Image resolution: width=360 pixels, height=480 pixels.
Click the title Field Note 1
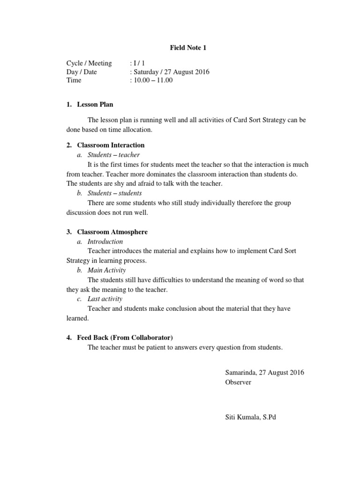pos(186,47)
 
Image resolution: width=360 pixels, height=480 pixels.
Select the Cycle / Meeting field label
pos(89,63)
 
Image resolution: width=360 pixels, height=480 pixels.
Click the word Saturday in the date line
pos(146,72)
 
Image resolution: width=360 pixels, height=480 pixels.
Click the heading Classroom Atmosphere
pos(112,232)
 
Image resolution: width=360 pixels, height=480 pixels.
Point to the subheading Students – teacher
pos(113,155)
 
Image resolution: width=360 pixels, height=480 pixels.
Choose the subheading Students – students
pos(114,193)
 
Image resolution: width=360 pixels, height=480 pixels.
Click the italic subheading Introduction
pos(105,241)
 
